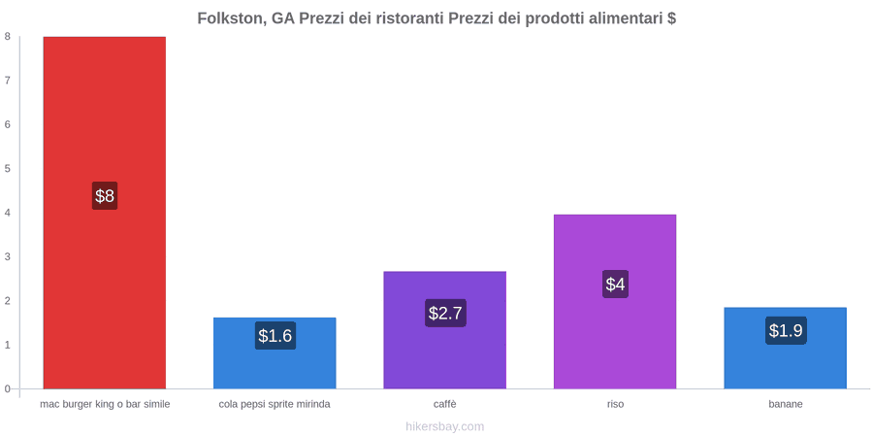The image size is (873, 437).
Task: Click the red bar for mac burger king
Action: pos(105,213)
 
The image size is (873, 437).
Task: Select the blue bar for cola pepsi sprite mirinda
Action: pos(275,353)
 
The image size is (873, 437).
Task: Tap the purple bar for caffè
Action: pos(445,330)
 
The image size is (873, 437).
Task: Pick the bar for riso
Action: pos(615,302)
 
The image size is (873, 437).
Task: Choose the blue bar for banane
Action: pos(785,348)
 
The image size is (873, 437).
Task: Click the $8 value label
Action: pos(105,195)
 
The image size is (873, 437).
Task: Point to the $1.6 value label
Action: pos(275,336)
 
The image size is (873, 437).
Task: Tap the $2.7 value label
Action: pos(445,313)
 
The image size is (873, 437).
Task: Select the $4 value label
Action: pos(615,285)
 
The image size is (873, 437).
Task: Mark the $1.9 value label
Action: pos(786,330)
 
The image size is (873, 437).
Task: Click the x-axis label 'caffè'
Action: pos(445,404)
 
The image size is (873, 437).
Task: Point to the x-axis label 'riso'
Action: pos(615,404)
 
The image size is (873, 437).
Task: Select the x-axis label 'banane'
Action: pos(786,404)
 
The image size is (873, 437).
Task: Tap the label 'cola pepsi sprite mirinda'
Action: pos(275,404)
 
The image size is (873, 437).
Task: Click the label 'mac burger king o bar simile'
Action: pos(105,404)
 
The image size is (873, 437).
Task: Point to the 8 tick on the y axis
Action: pos(8,37)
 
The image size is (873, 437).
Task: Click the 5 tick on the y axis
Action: pos(8,169)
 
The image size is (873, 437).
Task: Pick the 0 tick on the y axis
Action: pos(8,389)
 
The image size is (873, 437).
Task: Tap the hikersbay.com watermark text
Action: pos(445,426)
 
